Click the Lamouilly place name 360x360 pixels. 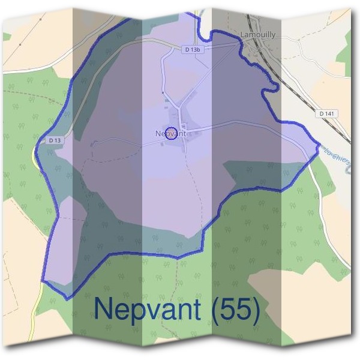coord(258,35)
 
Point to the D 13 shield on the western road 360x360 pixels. coord(55,140)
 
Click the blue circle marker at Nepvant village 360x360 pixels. coord(170,133)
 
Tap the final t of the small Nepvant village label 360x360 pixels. coord(184,133)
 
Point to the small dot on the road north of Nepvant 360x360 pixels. coord(163,93)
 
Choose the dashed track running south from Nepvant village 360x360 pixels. coord(193,180)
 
